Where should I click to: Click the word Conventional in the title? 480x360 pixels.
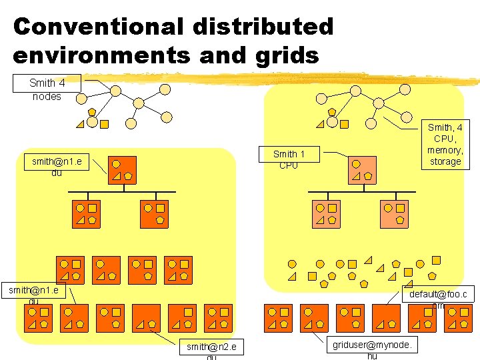(97, 27)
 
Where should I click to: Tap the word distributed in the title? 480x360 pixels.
(263, 27)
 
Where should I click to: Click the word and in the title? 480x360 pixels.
(222, 55)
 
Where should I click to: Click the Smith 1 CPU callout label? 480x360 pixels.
(289, 159)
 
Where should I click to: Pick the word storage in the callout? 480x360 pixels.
(445, 161)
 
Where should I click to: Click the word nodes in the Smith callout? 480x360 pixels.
(47, 96)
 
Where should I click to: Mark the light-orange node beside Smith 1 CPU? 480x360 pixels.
(363, 169)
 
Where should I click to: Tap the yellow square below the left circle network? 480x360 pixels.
(105, 123)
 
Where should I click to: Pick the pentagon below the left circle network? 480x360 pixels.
(92, 112)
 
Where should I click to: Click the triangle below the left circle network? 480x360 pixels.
(80, 124)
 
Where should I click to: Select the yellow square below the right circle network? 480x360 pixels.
(344, 123)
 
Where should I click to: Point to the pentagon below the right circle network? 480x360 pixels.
(332, 111)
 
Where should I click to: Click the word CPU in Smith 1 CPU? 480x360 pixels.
(289, 165)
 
